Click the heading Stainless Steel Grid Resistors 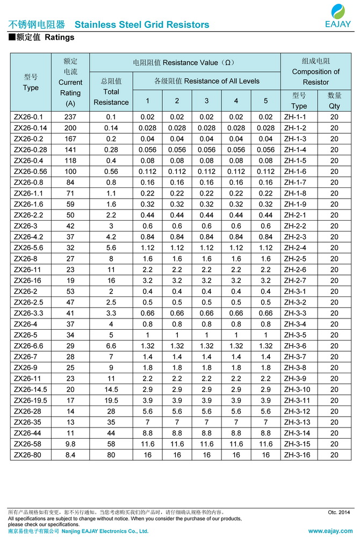tap(142, 25)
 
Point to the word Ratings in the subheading tap(59, 38)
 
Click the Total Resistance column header tap(111, 92)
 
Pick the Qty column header tap(334, 101)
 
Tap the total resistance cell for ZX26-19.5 tap(111, 401)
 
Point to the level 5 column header tap(265, 101)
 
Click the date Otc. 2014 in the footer tap(339, 512)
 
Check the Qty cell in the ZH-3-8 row tap(334, 368)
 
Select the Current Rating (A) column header tap(70, 82)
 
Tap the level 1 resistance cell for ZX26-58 tap(147, 444)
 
